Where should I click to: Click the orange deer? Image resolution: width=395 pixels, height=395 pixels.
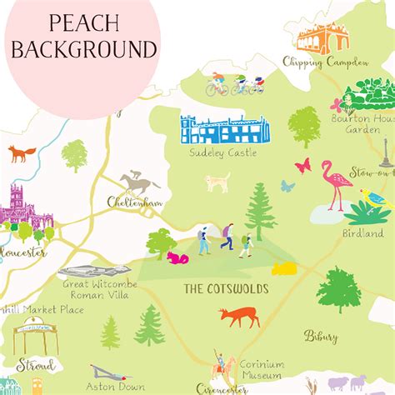coord(239,316)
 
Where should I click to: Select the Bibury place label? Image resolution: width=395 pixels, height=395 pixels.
coord(321,337)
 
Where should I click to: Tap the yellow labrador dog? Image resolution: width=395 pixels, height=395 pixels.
coord(218,181)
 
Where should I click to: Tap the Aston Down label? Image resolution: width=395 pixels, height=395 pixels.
coord(112,387)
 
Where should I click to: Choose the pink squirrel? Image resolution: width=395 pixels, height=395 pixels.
coord(177,257)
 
